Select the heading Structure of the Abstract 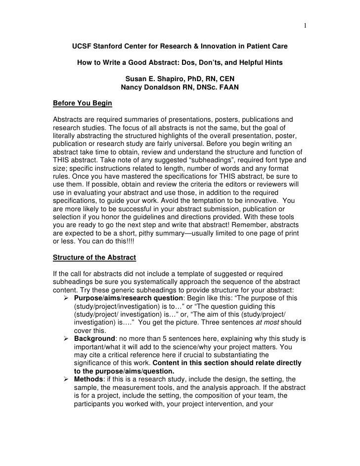point(94,258)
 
